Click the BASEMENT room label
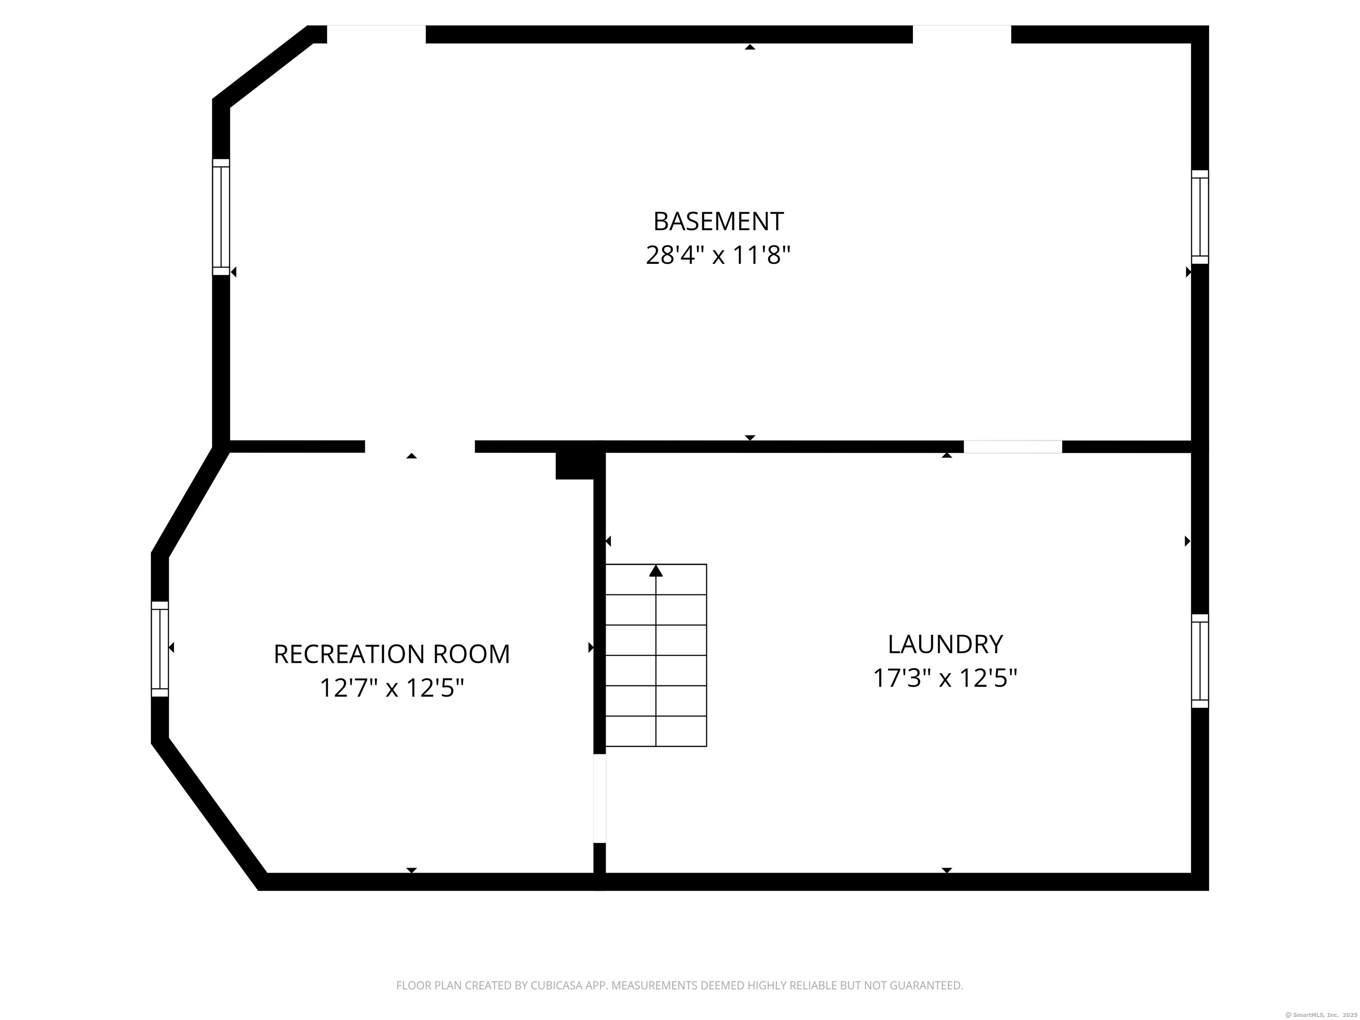pyautogui.click(x=718, y=221)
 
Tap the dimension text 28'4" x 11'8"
pyautogui.click(x=718, y=255)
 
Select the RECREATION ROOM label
pyautogui.click(x=392, y=654)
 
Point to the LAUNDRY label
pyautogui.click(x=945, y=644)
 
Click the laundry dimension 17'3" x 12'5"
pyautogui.click(x=945, y=678)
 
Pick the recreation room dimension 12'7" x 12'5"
pyautogui.click(x=392, y=688)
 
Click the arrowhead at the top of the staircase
pyautogui.click(x=656, y=571)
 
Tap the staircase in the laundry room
pyautogui.click(x=656, y=655)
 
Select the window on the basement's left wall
pyautogui.click(x=221, y=217)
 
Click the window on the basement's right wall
pyautogui.click(x=1200, y=217)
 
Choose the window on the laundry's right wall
pyautogui.click(x=1200, y=661)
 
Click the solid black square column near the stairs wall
pyautogui.click(x=574, y=465)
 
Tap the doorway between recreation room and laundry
pyautogui.click(x=599, y=798)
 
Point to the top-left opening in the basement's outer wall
pyautogui.click(x=376, y=35)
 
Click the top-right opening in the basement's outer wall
pyautogui.click(x=962, y=35)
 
